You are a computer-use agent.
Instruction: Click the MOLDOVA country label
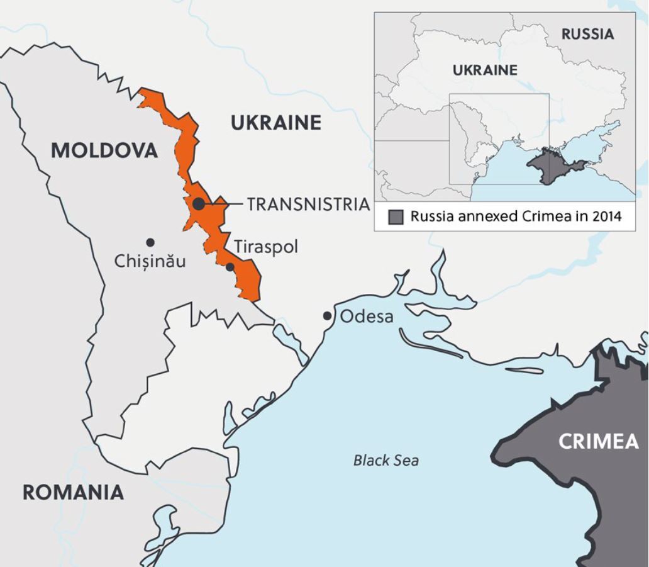[104, 150]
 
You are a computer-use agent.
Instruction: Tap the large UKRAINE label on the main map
[275, 123]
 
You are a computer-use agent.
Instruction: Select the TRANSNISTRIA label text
[308, 205]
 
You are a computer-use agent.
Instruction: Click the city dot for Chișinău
[150, 242]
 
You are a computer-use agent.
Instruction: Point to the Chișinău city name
[150, 261]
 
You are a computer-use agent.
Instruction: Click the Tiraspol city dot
[230, 267]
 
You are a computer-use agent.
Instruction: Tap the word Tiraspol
[266, 247]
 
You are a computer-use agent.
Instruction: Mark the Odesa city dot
[327, 315]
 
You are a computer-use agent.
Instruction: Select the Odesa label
[367, 316]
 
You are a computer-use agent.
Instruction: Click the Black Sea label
[386, 460]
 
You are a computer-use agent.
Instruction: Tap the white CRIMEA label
[598, 442]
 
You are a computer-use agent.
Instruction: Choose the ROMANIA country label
[73, 492]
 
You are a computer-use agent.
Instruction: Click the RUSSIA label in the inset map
[587, 34]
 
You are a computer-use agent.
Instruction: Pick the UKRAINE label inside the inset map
[485, 70]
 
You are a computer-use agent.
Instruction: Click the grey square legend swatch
[396, 218]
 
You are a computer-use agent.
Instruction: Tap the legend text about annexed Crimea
[515, 216]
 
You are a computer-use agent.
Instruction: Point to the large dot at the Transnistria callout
[198, 204]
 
